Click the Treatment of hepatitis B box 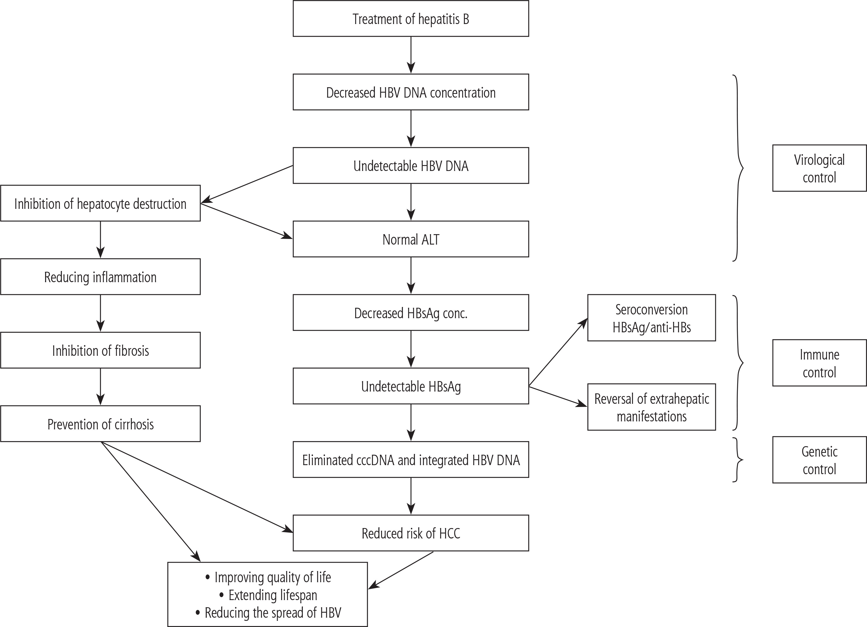[x=411, y=19]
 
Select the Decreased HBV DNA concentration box [x=411, y=92]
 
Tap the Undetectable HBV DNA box [x=411, y=165]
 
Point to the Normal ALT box [x=411, y=239]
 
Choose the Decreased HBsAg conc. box [x=411, y=313]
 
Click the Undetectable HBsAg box [x=411, y=386]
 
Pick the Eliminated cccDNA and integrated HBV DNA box [x=411, y=460]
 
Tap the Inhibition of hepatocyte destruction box [x=100, y=203]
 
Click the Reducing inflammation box [x=100, y=277]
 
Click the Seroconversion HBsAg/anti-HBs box [x=651, y=318]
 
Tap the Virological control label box [x=819, y=168]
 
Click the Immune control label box [x=819, y=363]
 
